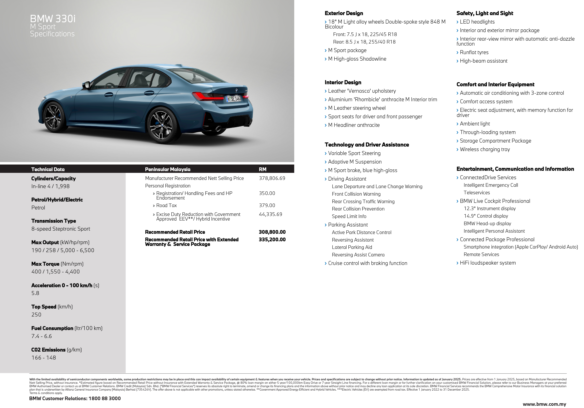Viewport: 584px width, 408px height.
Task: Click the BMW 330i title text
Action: point(53,19)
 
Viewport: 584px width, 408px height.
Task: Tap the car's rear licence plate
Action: point(234,99)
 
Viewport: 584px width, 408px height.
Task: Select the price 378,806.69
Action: point(272,178)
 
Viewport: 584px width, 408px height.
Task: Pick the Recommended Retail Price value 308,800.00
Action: point(272,232)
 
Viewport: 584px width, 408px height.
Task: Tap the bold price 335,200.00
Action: point(272,240)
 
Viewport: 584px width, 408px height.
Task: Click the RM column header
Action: point(263,169)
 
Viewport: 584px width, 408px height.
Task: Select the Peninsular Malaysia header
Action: point(168,169)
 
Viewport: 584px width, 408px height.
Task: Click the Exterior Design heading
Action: point(344,13)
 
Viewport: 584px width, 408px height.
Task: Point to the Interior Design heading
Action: point(343,82)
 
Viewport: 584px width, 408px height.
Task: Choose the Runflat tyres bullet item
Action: point(474,52)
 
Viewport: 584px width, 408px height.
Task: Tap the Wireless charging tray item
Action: point(484,149)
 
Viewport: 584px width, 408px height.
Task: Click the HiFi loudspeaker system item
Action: point(488,263)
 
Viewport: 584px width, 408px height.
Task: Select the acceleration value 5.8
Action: point(35,293)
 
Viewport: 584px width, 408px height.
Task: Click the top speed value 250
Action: point(36,315)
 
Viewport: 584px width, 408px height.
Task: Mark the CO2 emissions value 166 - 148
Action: point(44,358)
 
